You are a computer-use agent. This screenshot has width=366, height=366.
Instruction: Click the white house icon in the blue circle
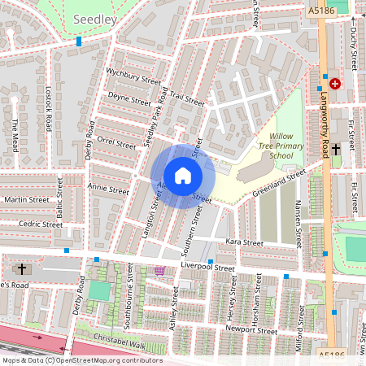pyautogui.click(x=183, y=176)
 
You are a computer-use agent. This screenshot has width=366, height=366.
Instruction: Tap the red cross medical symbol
pyautogui.click(x=334, y=83)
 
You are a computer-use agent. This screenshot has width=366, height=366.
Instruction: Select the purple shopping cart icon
pyautogui.click(x=159, y=271)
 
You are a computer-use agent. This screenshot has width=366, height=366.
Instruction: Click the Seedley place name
pyautogui.click(x=94, y=18)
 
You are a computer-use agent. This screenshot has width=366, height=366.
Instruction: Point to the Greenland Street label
pyautogui.click(x=278, y=181)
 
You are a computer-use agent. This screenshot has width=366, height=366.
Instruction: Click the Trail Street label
pyautogui.click(x=186, y=99)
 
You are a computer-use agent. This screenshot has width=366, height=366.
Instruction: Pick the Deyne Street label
pyautogui.click(x=129, y=99)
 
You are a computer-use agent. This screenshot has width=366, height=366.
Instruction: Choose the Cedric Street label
pyautogui.click(x=41, y=224)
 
